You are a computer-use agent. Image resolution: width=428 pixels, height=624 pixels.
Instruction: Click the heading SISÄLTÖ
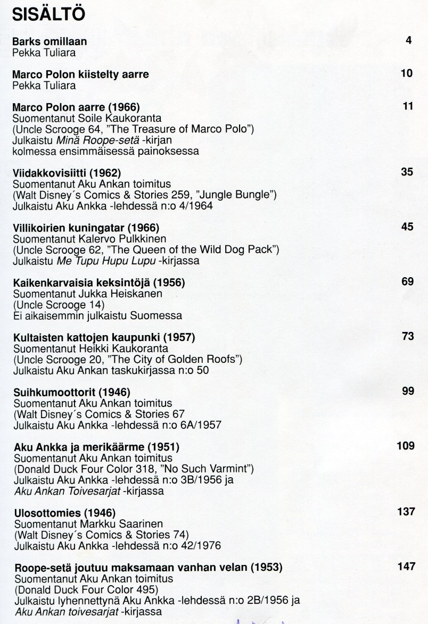point(48,14)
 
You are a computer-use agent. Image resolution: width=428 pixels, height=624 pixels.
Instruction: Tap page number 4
point(408,40)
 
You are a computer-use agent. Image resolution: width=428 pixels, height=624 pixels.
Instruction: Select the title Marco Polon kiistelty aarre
point(80,74)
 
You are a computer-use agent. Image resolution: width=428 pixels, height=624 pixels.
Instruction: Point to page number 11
point(408,106)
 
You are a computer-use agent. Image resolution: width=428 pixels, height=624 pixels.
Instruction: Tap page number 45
point(407,227)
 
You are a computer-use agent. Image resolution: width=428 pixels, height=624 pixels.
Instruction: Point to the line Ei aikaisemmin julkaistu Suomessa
point(97,315)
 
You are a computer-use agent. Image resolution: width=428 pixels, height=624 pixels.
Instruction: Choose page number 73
point(407,337)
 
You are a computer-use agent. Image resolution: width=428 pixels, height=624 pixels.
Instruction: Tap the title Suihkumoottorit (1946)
point(72,393)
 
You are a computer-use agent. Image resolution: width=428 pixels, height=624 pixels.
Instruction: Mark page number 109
point(406,446)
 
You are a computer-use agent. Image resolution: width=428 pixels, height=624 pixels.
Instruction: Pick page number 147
point(406,567)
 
